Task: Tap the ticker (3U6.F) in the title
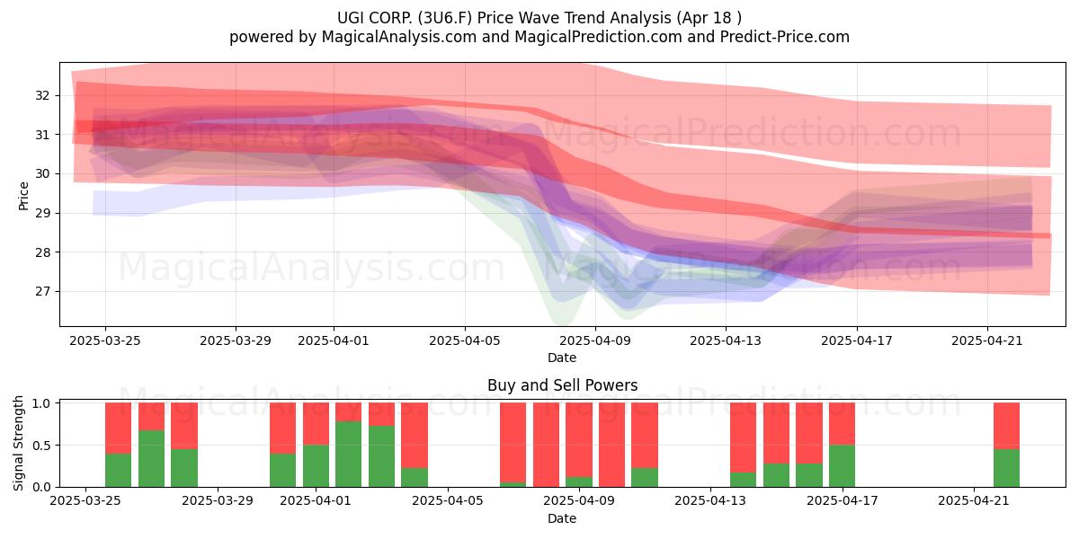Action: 445,18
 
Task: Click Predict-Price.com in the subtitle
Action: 785,37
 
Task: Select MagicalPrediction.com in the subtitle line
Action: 598,37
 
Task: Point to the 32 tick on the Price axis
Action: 42,95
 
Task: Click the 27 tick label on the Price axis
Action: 42,292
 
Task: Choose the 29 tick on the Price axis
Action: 42,213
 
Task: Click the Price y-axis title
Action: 23,196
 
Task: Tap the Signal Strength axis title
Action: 18,443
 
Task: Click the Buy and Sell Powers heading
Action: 562,385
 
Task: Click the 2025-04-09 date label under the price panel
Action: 595,340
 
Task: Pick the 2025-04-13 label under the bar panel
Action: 710,501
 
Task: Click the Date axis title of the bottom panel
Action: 562,518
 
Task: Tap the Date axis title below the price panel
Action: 562,358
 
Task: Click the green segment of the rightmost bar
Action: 1006,468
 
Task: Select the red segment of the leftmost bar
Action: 118,428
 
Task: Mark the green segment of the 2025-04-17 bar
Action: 842,466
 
